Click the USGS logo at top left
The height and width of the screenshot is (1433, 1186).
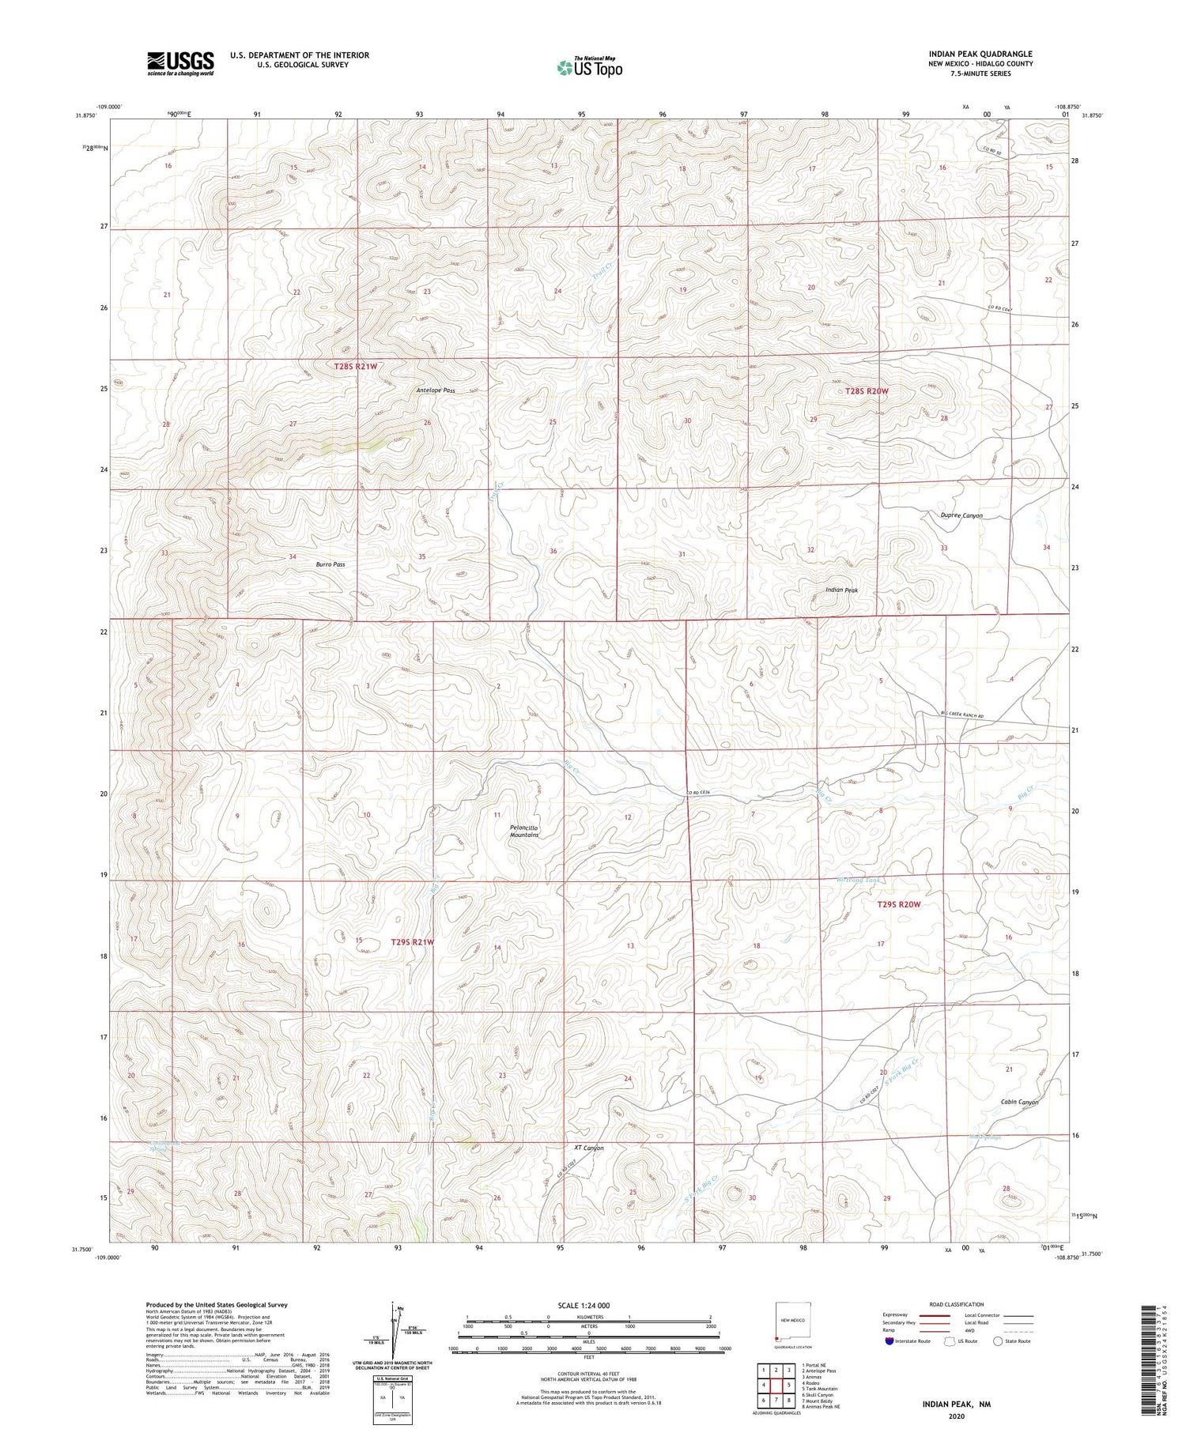[x=179, y=63]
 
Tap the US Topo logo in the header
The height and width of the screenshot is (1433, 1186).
[x=589, y=68]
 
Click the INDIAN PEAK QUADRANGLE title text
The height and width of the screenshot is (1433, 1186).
[x=980, y=54]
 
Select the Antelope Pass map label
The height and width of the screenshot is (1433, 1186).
[x=436, y=390]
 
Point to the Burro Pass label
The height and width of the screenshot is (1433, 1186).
[x=330, y=564]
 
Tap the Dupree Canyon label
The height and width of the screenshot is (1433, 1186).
[x=961, y=515]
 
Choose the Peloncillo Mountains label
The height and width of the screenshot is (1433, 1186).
[x=524, y=832]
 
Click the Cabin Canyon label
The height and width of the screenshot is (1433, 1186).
[x=1018, y=1102]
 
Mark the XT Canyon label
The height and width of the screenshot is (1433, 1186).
[x=588, y=1148]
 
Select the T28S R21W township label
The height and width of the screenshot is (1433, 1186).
[x=355, y=367]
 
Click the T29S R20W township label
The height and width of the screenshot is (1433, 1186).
[x=899, y=904]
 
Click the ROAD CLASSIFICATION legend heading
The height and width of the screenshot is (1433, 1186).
[x=957, y=1304]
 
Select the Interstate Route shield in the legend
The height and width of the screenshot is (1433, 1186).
[x=890, y=1341]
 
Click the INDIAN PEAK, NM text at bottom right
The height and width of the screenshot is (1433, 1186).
[x=955, y=1405]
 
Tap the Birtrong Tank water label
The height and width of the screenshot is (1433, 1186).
[x=858, y=881]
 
